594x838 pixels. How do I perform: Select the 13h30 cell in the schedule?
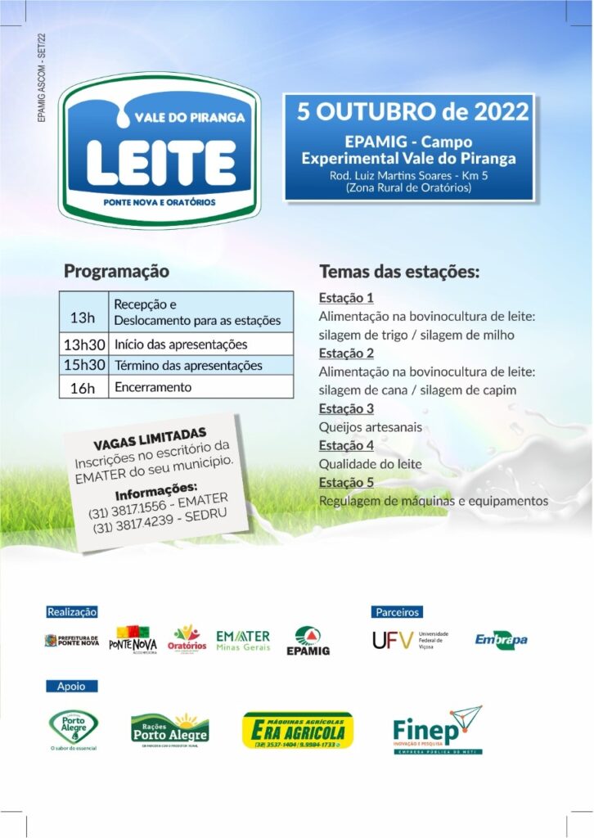[85, 345]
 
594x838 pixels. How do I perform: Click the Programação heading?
[116, 271]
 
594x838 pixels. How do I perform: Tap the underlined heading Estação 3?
[346, 408]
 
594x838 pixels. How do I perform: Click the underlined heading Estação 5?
[346, 482]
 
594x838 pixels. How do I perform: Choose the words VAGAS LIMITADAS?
[150, 438]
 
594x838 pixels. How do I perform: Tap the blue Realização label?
[72, 611]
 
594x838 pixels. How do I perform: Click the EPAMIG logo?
[308, 641]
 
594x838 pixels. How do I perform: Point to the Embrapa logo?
[501, 639]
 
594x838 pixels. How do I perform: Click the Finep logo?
[437, 730]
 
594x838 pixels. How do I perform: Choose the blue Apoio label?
[71, 686]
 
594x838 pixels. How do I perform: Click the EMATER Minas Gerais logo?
[242, 640]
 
